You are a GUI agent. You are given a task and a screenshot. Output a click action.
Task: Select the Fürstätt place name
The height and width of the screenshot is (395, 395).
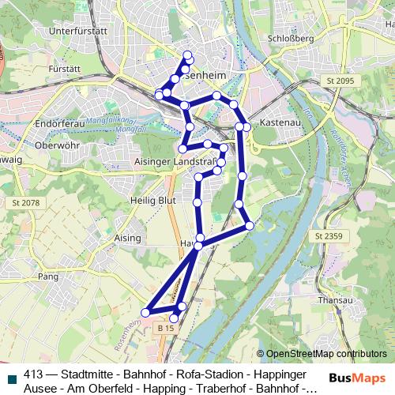65,70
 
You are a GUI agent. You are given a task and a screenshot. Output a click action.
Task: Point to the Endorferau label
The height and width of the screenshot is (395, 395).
60,125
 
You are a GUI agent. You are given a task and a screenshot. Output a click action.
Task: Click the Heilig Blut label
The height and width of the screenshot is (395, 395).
149,201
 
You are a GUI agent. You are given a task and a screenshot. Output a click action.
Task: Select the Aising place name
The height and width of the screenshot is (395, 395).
127,238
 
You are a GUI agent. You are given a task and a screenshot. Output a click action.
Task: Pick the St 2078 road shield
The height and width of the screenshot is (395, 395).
25,204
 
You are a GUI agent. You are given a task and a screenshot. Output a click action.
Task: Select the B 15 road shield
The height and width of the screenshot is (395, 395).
164,327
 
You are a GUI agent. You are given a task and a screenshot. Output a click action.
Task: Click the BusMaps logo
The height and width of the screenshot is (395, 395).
357,378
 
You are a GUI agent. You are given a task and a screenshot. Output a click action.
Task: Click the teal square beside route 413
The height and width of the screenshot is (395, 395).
9,376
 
